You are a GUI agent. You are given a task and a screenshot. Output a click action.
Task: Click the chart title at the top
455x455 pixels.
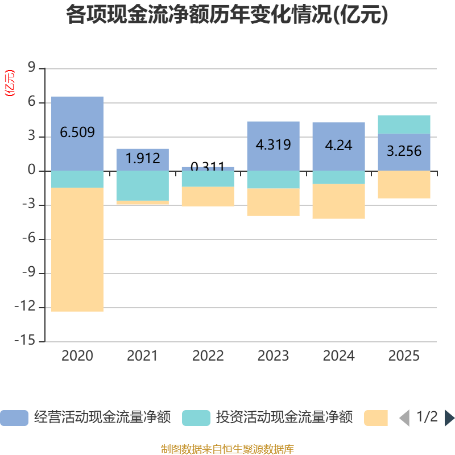coord(227,15)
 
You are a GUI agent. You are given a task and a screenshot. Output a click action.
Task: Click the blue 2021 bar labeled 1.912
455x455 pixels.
coord(143,159)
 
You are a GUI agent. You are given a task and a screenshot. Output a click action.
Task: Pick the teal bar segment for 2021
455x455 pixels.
coord(143,185)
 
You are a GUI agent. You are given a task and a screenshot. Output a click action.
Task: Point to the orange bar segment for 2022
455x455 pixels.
coord(208,196)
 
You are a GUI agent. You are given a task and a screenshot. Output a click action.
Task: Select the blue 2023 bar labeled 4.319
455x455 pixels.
coord(274,146)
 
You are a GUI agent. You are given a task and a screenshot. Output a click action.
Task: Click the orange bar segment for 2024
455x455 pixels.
coord(339,201)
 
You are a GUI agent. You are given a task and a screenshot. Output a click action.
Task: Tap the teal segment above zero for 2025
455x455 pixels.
coord(404,124)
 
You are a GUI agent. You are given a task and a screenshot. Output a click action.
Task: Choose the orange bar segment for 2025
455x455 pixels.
coord(404,184)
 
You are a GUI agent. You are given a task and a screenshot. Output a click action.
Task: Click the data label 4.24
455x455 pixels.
coord(339,145)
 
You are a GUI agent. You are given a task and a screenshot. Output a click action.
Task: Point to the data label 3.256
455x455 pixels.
coord(404,151)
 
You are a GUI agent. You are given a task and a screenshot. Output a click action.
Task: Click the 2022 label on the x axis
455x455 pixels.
coord(208,356)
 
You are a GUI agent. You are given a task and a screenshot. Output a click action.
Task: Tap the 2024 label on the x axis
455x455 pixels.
coord(339,356)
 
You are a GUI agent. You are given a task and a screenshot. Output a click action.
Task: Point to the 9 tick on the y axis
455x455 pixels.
coord(31,68)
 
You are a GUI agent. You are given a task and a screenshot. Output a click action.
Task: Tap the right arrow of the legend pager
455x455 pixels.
coord(449,418)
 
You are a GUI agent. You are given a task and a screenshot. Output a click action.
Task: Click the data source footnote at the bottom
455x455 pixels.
coord(227,449)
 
